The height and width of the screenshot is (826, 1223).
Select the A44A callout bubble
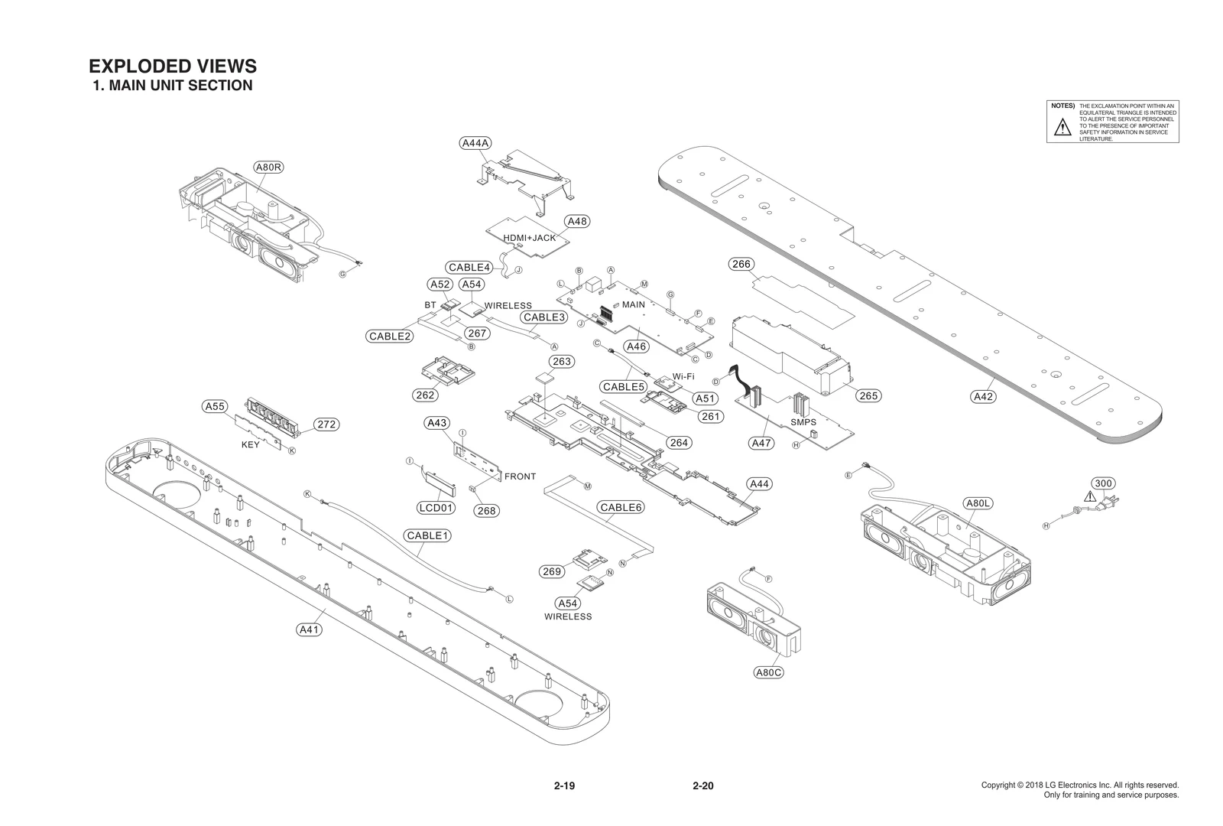(476, 143)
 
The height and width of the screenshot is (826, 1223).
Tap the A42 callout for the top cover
(983, 396)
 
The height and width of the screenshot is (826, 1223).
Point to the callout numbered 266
(741, 265)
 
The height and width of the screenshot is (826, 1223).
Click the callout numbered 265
(868, 395)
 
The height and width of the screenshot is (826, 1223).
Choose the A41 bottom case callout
(309, 629)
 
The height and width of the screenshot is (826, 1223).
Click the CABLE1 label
(427, 535)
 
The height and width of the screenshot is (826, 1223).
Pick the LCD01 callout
(436, 508)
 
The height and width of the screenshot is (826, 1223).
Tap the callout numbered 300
(1103, 483)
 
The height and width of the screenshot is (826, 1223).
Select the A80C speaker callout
(768, 672)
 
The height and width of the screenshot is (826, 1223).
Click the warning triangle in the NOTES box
(1062, 128)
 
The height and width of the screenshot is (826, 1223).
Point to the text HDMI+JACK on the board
(530, 238)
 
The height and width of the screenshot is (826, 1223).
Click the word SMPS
(803, 422)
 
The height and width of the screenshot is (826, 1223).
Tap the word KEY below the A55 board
(251, 444)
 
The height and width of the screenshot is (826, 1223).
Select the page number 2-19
(564, 785)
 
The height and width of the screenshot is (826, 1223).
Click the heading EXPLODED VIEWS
(172, 66)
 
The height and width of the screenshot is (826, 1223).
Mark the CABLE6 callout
(621, 507)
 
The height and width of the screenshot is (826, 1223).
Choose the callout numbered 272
(326, 424)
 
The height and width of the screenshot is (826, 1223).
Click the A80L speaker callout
(978, 503)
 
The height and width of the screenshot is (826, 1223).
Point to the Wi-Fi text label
(683, 376)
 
